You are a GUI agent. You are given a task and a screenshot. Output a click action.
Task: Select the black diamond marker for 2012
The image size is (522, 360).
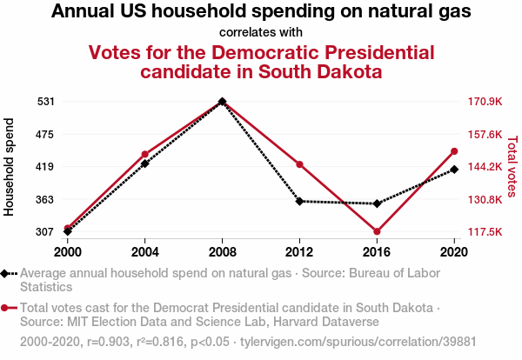(299, 201)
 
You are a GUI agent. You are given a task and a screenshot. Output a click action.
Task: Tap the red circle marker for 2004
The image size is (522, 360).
(144, 155)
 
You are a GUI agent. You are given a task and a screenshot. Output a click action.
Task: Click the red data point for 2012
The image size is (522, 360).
(299, 164)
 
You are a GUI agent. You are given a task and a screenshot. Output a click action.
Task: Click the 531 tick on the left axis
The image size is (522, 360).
(45, 102)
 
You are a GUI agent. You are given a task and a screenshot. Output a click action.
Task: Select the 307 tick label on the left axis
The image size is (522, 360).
(45, 232)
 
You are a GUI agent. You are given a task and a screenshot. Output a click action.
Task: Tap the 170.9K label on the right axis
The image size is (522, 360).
(485, 102)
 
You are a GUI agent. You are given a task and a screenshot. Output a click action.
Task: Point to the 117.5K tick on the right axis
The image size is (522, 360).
(485, 232)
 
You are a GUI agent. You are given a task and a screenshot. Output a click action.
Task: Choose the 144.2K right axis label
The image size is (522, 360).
(485, 167)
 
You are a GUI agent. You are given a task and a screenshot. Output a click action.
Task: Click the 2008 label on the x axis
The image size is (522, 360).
(222, 252)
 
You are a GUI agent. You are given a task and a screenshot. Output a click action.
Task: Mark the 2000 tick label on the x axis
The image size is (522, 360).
(67, 252)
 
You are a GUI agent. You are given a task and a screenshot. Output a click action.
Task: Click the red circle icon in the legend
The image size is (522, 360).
(7, 308)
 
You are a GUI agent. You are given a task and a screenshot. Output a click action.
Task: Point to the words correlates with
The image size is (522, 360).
(261, 32)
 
